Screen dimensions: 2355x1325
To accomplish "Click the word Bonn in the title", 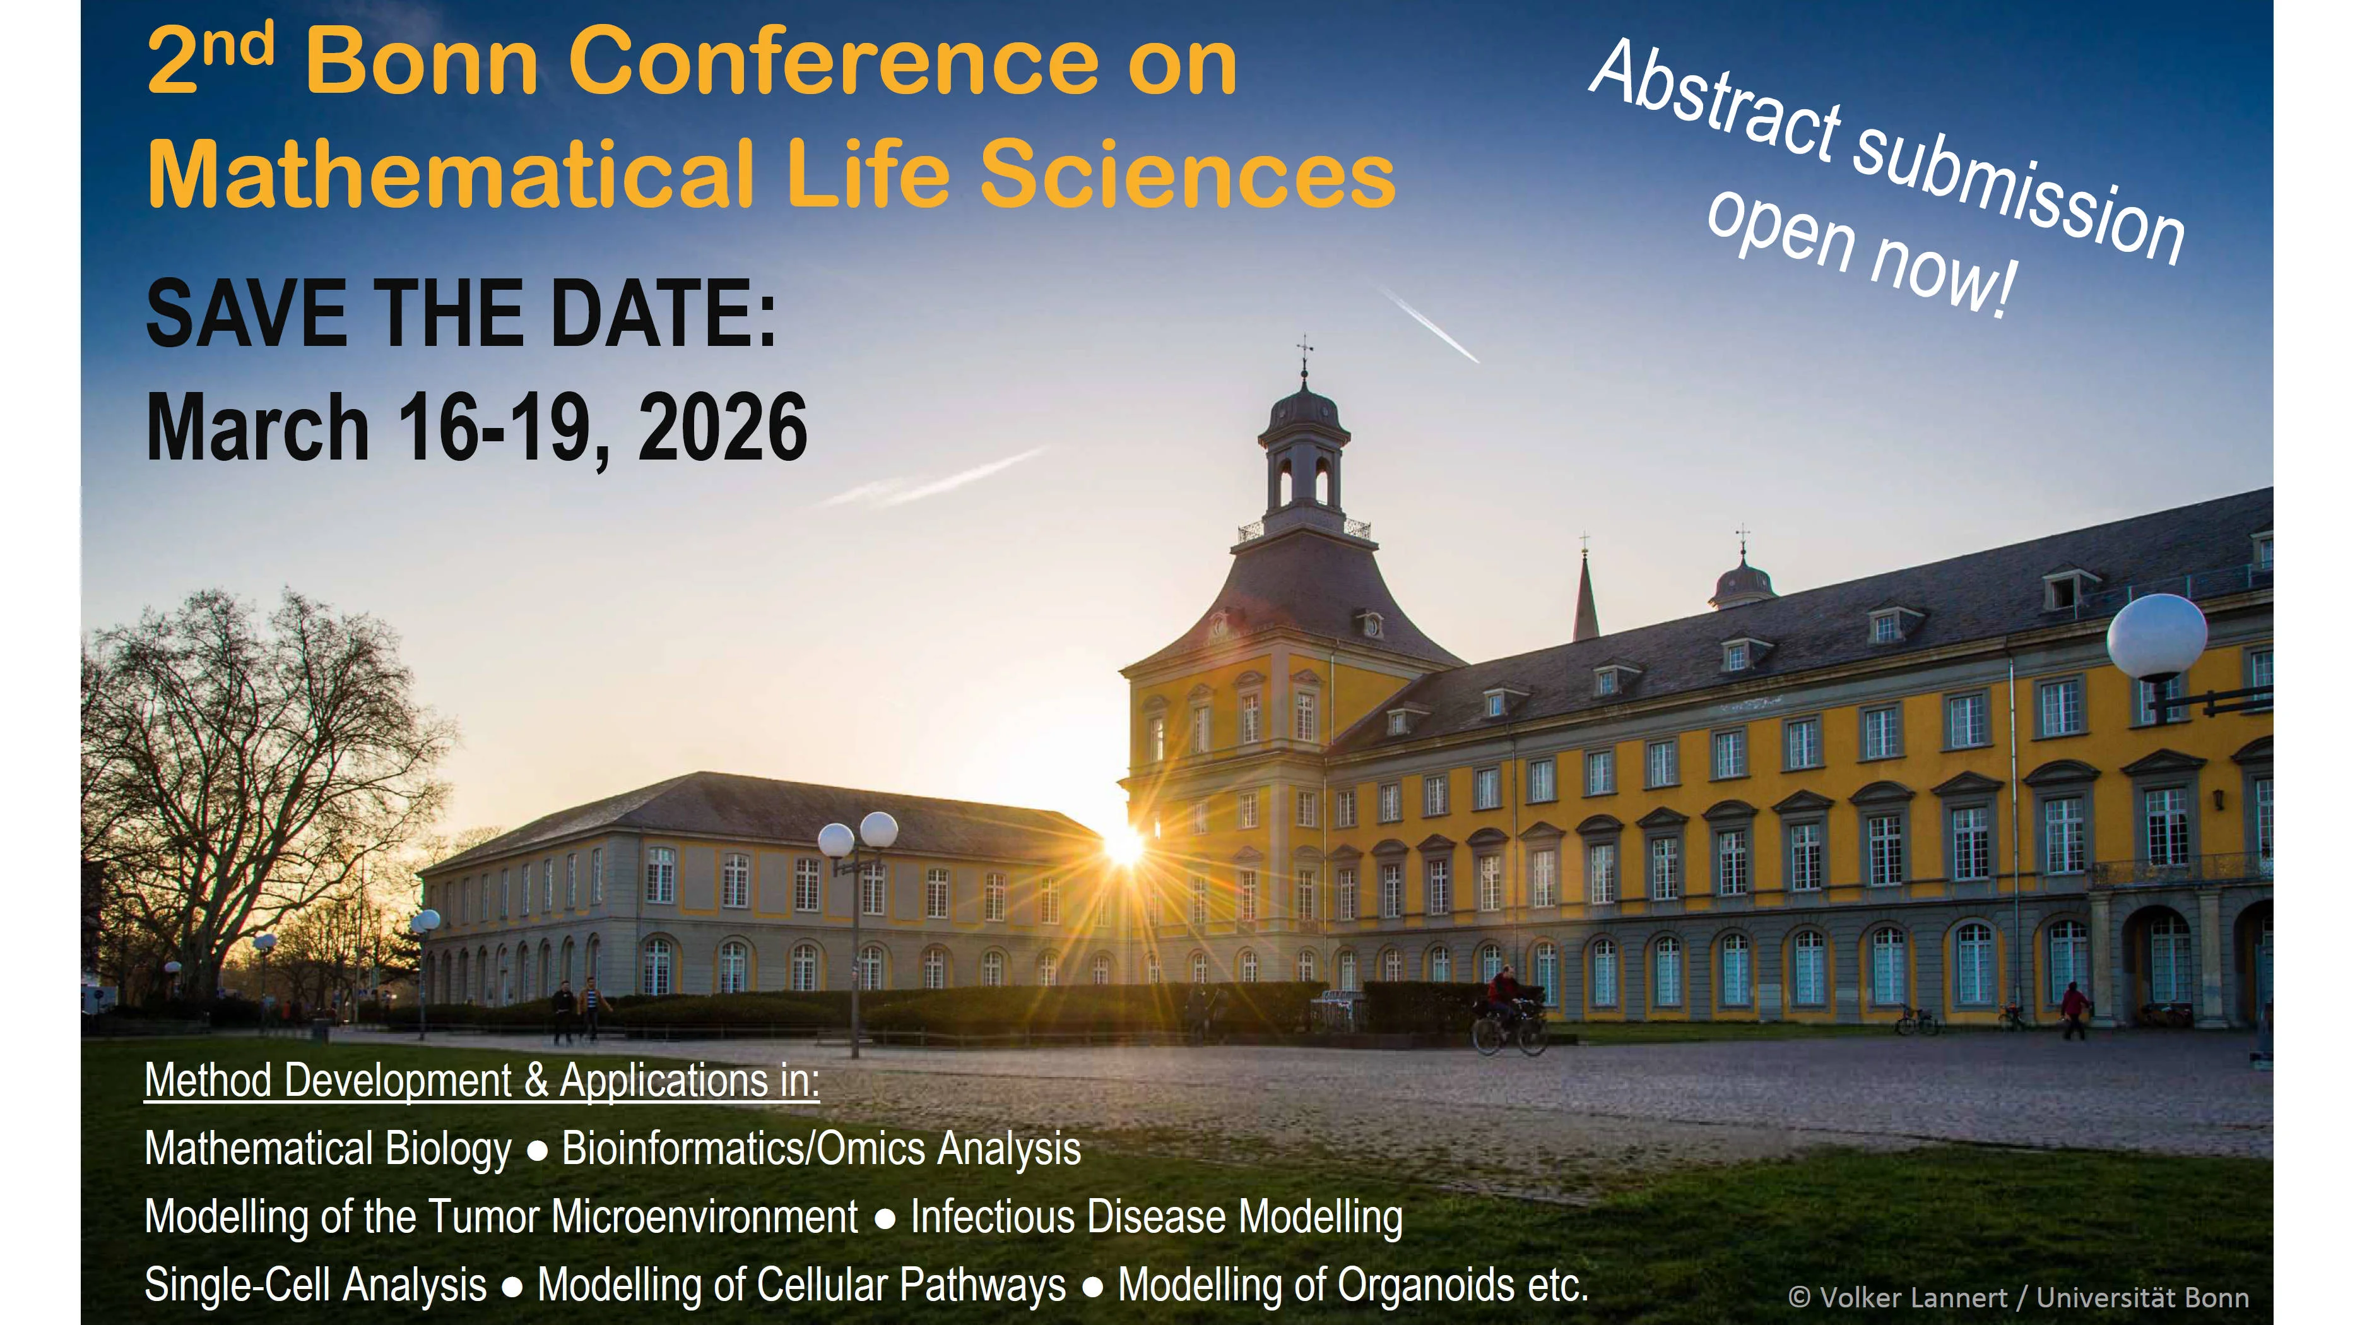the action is (422, 62).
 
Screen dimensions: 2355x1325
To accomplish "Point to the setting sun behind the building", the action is (1124, 846).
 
